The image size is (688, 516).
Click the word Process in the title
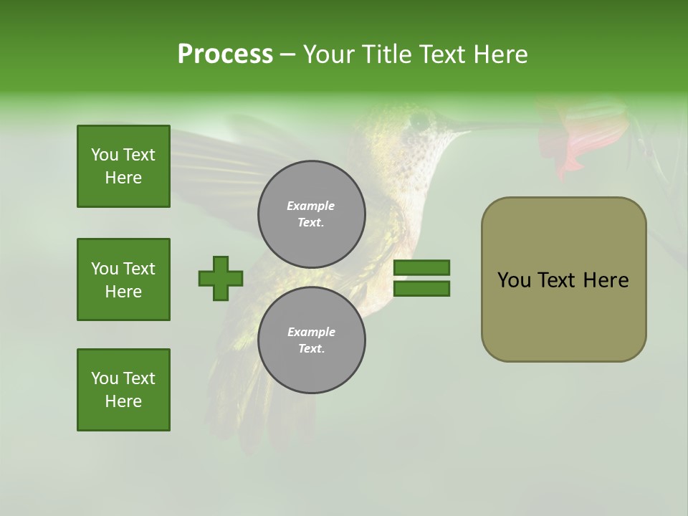point(225,54)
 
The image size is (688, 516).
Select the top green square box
point(123,166)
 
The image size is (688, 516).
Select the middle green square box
point(123,279)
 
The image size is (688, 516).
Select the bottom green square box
point(123,390)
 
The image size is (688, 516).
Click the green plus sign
point(221,278)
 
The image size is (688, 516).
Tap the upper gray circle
point(311,214)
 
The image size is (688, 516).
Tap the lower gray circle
point(311,340)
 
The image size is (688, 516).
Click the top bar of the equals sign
point(422,267)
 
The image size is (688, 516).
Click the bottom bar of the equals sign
point(422,289)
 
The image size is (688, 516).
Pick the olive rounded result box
point(563,279)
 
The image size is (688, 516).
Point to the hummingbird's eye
point(419,122)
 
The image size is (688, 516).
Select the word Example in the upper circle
point(311,206)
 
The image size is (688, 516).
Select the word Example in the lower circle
point(311,333)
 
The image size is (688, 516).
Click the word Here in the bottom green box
point(123,401)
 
